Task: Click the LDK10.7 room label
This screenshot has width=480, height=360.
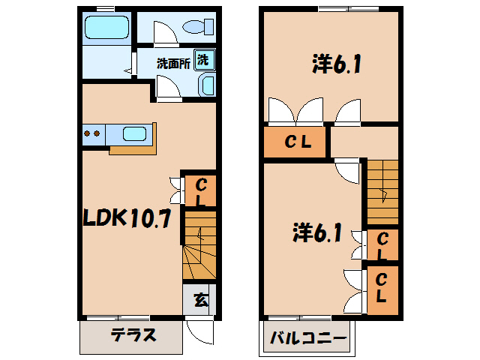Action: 128,219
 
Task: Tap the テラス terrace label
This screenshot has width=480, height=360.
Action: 133,335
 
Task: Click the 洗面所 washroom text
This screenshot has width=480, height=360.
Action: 172,64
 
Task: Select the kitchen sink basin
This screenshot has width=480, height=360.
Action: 133,134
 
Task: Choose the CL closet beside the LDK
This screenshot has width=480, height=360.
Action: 200,191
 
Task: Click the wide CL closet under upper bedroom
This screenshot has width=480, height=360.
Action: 295,142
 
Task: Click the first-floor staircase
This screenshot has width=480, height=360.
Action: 199,247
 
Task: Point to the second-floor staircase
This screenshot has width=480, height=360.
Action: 382,191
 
